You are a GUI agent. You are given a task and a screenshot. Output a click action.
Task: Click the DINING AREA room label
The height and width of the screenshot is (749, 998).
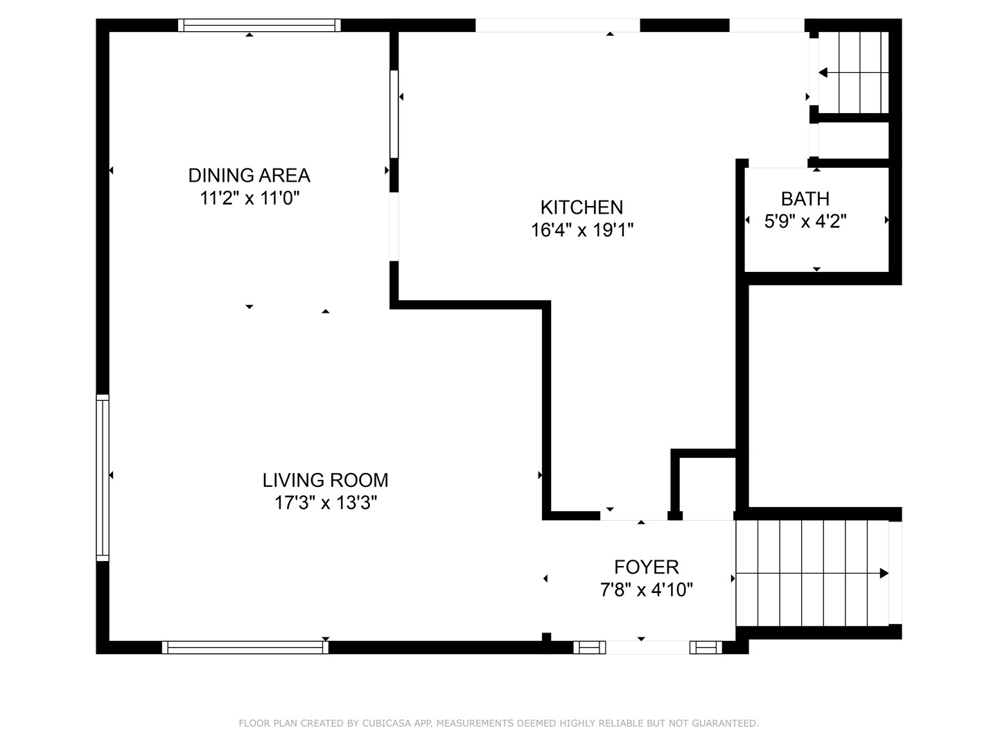tap(249, 175)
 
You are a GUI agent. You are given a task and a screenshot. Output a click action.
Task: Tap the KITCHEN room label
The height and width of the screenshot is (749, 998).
tap(581, 207)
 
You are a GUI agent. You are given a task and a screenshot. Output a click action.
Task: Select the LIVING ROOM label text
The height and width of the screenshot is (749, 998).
tap(326, 480)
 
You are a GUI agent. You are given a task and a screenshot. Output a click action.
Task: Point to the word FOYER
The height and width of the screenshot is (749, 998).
tap(647, 567)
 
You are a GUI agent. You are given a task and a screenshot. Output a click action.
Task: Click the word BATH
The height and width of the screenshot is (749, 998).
tap(805, 199)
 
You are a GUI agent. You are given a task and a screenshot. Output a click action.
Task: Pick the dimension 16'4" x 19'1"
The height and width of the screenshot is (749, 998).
tap(582, 230)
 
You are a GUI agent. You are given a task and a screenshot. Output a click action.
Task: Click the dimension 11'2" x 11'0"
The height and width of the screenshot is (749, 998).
tap(249, 198)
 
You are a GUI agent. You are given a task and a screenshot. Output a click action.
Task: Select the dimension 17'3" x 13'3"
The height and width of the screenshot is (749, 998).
tap(326, 503)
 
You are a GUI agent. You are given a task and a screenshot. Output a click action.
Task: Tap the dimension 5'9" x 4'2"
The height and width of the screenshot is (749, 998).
tap(805, 221)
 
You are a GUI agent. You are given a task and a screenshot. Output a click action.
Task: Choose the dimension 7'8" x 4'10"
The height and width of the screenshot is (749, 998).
tap(647, 589)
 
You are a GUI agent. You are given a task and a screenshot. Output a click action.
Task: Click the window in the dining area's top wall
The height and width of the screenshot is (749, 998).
tap(259, 26)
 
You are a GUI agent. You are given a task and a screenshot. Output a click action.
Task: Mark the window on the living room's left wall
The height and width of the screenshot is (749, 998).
tap(103, 478)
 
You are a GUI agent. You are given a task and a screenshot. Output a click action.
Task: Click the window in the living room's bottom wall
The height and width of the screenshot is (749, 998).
tap(245, 648)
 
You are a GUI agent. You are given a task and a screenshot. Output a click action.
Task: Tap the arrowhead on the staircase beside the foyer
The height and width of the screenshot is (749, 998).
tap(884, 574)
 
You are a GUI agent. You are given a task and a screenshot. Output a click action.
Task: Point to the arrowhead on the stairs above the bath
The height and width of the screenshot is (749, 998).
tap(823, 73)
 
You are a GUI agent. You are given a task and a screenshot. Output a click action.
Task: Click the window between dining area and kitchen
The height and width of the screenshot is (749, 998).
tap(394, 114)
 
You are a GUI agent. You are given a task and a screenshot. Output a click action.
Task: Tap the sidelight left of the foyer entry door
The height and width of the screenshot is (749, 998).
tap(589, 648)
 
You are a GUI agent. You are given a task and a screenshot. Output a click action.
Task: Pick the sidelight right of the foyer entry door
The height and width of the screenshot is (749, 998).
tap(706, 648)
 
